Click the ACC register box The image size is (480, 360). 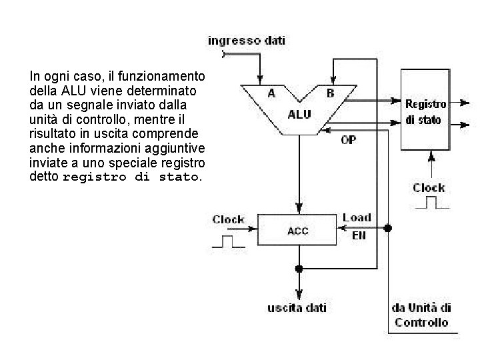297,230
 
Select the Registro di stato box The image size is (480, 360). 425,109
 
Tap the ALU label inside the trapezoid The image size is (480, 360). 299,115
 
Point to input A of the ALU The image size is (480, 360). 271,93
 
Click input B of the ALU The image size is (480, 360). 330,93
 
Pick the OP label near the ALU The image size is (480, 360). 349,140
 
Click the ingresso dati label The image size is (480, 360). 247,41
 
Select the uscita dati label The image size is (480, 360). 297,307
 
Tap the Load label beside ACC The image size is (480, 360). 357,217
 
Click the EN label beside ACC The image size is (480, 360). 359,235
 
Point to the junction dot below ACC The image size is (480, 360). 299,269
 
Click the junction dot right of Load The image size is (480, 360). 388,228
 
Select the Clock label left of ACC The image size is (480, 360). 228,219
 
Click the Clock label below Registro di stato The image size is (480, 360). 429,187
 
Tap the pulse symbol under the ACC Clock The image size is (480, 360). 229,241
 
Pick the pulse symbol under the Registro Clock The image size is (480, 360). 432,203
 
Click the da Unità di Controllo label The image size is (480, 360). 421,315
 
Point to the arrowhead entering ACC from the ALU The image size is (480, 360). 299,208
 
